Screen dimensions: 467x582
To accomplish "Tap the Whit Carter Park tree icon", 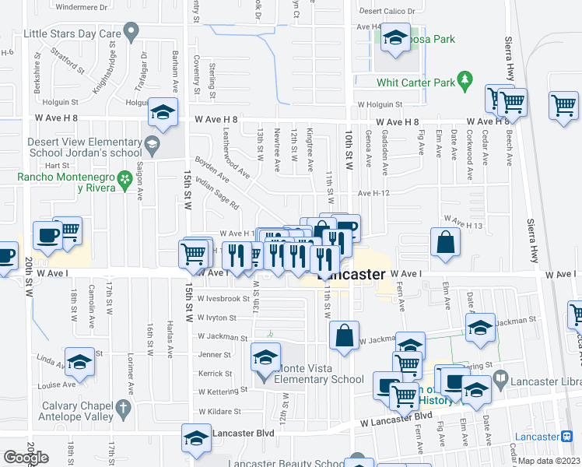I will pyautogui.click(x=466, y=80).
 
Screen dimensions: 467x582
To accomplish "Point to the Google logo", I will pyautogui.click(x=25, y=458).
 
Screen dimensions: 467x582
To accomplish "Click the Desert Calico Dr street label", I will pyautogui.click(x=391, y=12).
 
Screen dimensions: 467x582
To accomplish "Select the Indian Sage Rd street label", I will pyautogui.click(x=217, y=191).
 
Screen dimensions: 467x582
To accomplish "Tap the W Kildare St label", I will pyautogui.click(x=220, y=411).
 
